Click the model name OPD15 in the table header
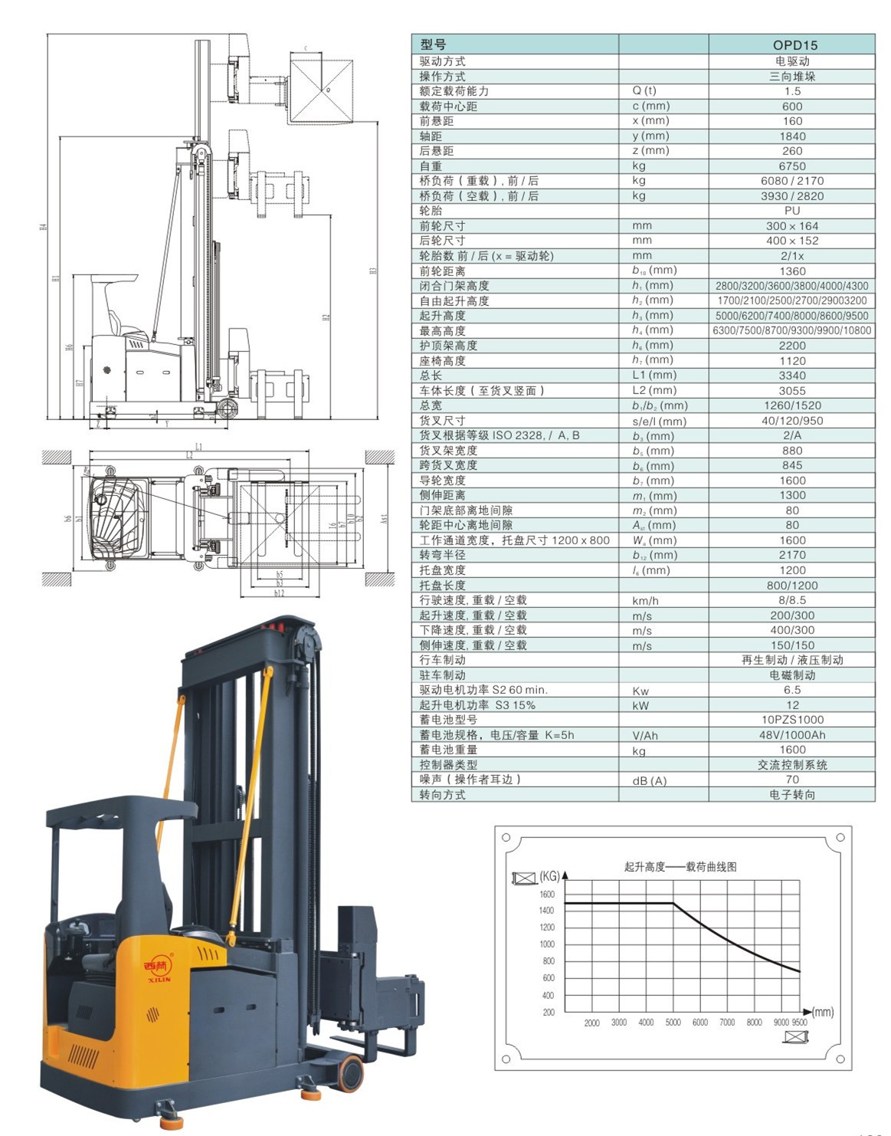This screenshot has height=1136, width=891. pos(791,45)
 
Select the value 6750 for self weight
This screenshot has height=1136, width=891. pos(791,166)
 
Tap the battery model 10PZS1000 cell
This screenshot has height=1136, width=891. pos(791,720)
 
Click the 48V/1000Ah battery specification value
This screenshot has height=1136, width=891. pos(791,735)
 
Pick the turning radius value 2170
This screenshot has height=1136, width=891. pos(791,555)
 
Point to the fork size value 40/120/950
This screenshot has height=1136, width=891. pos(791,421)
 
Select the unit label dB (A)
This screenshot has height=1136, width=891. pos(649,780)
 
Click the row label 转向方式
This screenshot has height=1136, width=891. pos(442,795)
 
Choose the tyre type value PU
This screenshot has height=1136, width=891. pos(791,210)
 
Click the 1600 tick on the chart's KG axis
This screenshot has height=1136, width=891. pos(547,895)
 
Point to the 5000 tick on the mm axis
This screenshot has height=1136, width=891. pos(673,1023)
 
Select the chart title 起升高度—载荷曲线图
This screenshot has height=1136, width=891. pos(680,867)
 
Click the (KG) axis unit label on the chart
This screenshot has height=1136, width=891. pos(549,876)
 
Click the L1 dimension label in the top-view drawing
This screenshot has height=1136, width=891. pos(198,447)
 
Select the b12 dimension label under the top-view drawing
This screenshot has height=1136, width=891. pos(279,593)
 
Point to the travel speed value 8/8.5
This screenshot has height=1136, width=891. pos(791,600)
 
